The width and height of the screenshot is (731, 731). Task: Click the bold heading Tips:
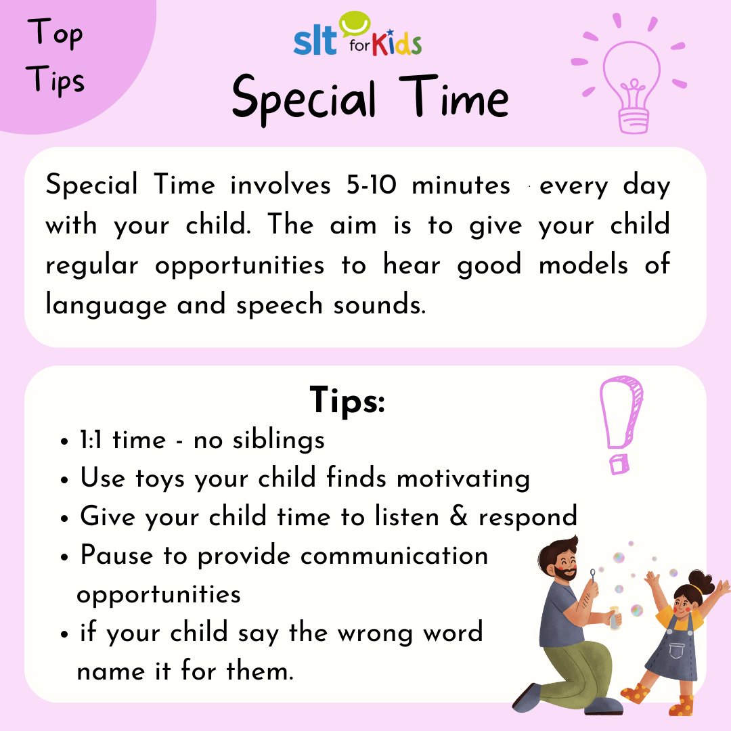pyautogui.click(x=347, y=400)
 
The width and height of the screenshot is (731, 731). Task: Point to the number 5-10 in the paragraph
pyautogui.click(x=366, y=185)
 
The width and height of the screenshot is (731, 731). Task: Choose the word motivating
pyautogui.click(x=463, y=479)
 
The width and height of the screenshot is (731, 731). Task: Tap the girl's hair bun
pyautogui.click(x=702, y=580)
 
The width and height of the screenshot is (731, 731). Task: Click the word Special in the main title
pyautogui.click(x=304, y=99)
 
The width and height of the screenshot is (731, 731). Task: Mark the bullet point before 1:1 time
pyautogui.click(x=65, y=441)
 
